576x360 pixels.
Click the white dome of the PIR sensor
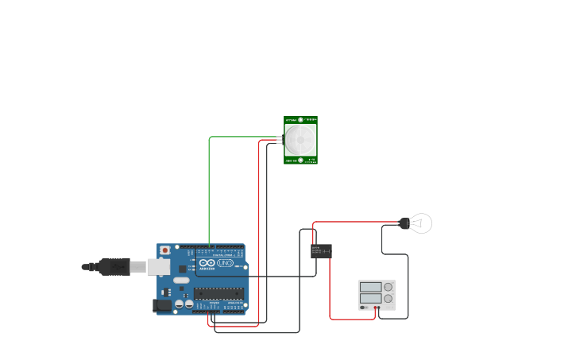tap(300, 140)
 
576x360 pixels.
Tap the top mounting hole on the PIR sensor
tap(301, 120)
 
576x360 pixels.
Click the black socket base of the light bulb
tap(404, 223)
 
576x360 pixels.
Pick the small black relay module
tap(321, 251)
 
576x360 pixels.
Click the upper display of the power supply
tap(370, 287)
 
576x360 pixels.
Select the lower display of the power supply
tap(370, 299)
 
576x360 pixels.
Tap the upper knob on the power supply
tap(389, 287)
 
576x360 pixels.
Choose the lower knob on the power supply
tap(389, 299)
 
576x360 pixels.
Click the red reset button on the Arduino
tap(164, 250)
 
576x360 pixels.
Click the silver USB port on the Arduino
tap(159, 267)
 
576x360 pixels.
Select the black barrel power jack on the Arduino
tap(162, 305)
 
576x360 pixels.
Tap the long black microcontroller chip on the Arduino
tap(218, 293)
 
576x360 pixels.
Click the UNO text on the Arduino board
tap(225, 263)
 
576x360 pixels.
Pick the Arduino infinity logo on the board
tap(207, 263)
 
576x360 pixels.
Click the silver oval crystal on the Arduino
tap(181, 280)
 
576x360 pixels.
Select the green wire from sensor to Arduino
tap(210, 191)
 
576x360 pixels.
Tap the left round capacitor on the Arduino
tap(180, 304)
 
